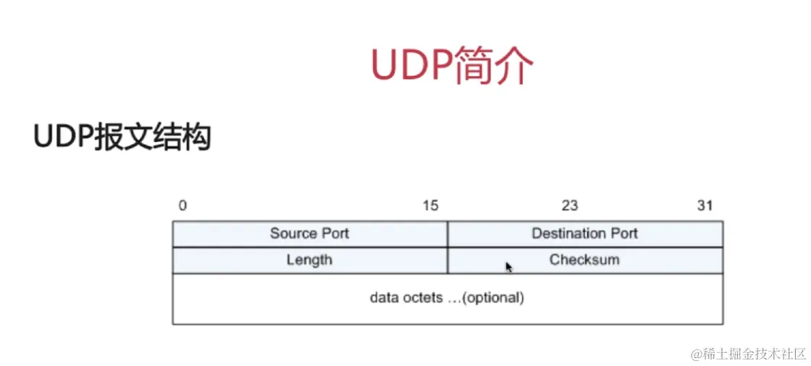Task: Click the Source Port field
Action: coord(310,233)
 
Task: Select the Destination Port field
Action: coord(585,233)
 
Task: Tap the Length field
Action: coord(310,259)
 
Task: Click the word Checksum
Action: coord(584,259)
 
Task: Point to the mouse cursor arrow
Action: coord(509,267)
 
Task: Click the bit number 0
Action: coord(182,206)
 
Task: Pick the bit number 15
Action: coord(430,206)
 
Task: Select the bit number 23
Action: coord(570,206)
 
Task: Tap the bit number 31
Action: coord(705,206)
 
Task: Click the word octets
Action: coord(421,298)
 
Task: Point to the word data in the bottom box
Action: coord(385,298)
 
